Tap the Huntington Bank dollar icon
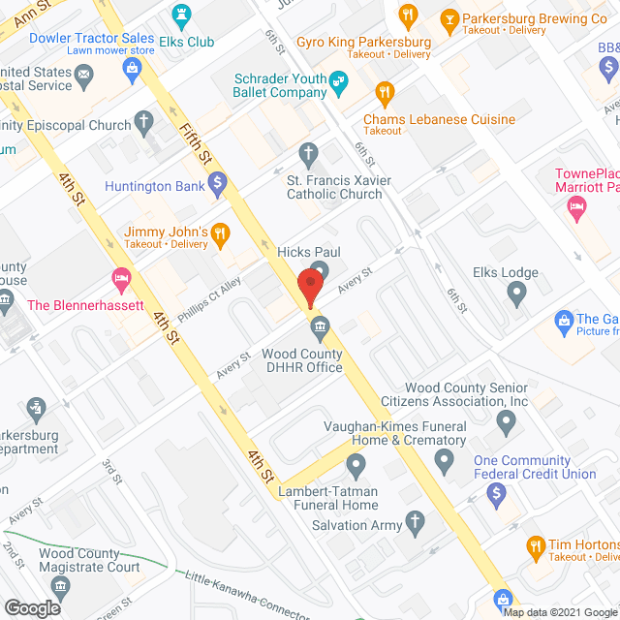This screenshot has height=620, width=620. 218,180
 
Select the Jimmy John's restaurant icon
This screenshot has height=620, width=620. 221,232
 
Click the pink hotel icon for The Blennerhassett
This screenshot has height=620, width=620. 121,279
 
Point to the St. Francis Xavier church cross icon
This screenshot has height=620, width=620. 308,153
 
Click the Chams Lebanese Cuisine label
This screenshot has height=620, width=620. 439,119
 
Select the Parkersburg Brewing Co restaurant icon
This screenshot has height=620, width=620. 449,18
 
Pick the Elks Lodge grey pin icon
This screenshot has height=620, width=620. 516,292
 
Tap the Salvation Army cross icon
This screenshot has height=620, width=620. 414,524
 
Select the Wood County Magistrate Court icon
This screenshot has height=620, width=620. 61,587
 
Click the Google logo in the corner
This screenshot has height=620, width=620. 31,607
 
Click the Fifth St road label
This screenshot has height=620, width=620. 195,139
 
